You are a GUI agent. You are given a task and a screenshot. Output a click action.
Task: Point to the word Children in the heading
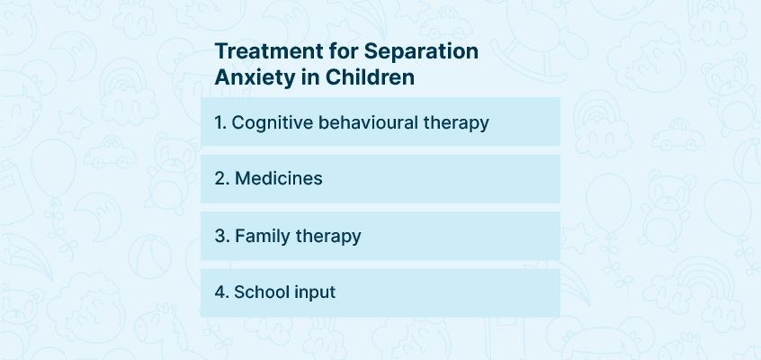(371, 76)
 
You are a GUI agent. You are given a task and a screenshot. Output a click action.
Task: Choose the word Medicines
(279, 179)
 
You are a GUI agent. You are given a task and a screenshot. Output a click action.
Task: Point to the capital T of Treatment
(221, 51)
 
